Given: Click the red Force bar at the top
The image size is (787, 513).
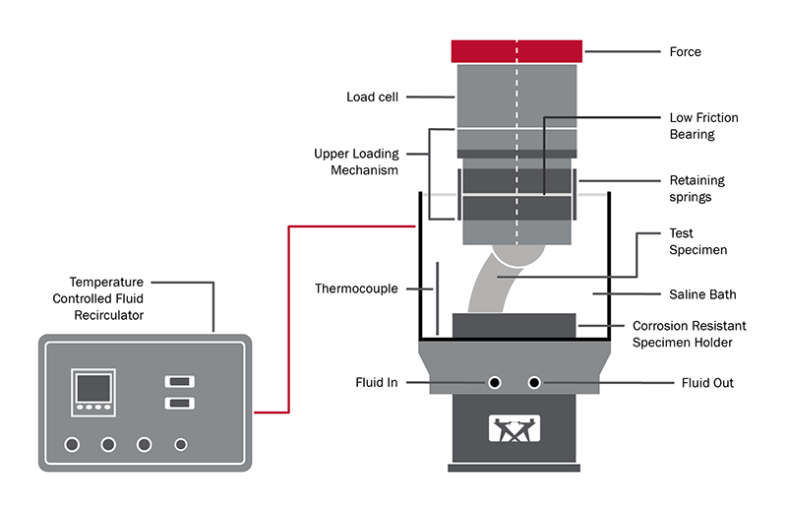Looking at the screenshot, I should point(517,50).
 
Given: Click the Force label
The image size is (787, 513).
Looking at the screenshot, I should point(685,51).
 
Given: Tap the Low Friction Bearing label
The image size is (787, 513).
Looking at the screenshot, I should point(703,125).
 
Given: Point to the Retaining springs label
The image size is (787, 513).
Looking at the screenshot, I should point(696,188).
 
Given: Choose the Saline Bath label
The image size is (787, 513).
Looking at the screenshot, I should point(702,294).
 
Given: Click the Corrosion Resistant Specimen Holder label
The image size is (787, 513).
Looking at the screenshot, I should point(689,334).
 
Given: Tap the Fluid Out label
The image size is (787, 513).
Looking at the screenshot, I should point(707,382).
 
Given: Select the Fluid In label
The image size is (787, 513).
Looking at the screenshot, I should point(377,382).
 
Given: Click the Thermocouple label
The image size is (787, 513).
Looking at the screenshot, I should point(356,289).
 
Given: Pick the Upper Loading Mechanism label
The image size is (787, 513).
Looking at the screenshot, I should point(356,161).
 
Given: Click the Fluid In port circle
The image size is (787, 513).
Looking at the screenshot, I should point(496,382).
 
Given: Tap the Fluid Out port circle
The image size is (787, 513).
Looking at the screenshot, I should point(535,382).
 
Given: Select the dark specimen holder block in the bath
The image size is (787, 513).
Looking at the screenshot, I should point(513,326).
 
